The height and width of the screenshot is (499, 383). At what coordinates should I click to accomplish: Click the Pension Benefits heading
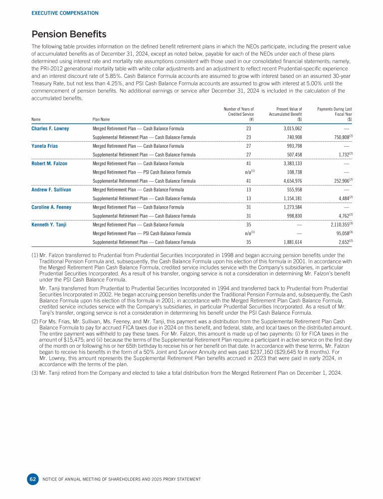(x=69, y=34)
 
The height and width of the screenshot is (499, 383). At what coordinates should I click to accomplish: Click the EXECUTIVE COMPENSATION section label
(x=65, y=13)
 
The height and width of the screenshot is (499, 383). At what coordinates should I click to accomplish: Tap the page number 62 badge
(x=33, y=479)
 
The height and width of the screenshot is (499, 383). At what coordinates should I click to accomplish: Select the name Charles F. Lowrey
(x=50, y=129)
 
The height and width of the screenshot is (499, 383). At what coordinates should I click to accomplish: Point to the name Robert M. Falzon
(x=49, y=163)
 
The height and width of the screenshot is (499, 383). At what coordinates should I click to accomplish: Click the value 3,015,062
(x=291, y=129)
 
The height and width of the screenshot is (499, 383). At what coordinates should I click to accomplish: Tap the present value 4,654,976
(x=291, y=181)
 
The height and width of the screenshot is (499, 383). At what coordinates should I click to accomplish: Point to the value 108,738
(x=293, y=172)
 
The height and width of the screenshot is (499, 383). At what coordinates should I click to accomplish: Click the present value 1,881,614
(x=291, y=242)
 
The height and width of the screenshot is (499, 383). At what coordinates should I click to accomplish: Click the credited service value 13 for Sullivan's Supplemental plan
(x=249, y=198)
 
